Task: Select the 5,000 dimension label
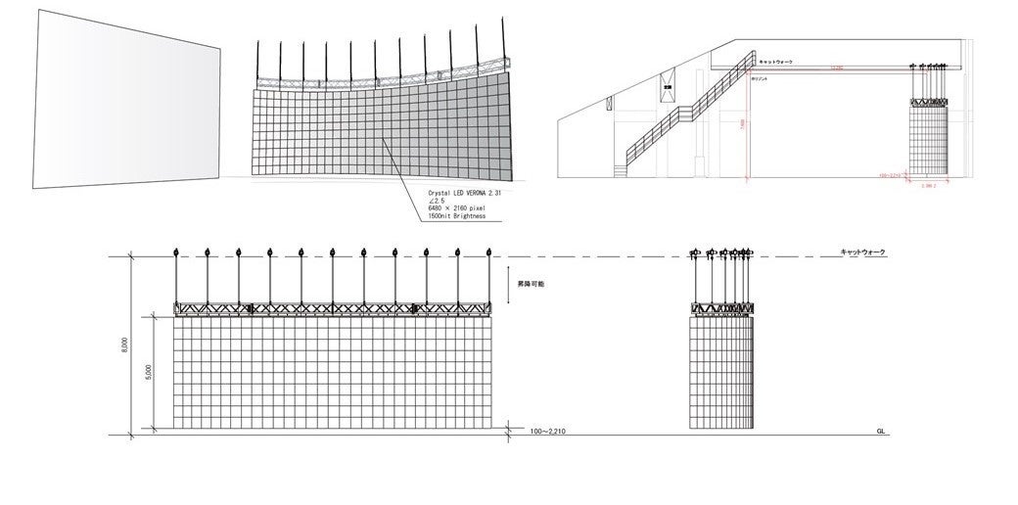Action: (148, 373)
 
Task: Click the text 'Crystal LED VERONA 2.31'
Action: (469, 195)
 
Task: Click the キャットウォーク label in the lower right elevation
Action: (862, 252)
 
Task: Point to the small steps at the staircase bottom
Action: (622, 169)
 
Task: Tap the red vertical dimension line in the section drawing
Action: (749, 122)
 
